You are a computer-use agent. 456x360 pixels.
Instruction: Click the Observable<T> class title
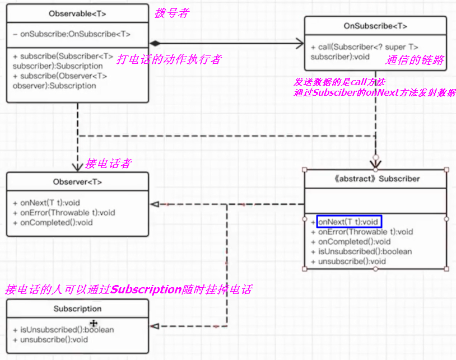pyautogui.click(x=77, y=13)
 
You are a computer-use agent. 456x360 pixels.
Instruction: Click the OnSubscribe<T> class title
pyautogui.click(x=375, y=26)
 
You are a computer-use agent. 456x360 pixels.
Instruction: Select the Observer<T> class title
pyautogui.click(x=77, y=181)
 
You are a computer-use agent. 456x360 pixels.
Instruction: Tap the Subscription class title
pyautogui.click(x=77, y=308)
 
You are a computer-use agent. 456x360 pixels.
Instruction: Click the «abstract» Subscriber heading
pyautogui.click(x=375, y=179)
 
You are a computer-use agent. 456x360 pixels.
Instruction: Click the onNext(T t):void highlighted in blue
pyautogui.click(x=348, y=222)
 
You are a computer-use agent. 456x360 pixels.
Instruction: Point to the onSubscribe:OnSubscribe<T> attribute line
pyautogui.click(x=72, y=34)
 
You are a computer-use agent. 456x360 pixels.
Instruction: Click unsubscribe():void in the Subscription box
pyautogui.click(x=50, y=339)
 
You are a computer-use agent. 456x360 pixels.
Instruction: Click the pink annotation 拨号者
pyautogui.click(x=171, y=13)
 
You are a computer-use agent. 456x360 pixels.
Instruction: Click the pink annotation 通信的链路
pyautogui.click(x=415, y=60)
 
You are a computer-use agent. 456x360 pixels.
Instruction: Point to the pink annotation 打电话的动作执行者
pyautogui.click(x=168, y=59)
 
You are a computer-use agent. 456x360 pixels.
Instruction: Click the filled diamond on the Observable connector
pyautogui.click(x=155, y=43)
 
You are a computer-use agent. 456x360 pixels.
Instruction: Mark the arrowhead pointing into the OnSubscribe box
pyautogui.click(x=300, y=43)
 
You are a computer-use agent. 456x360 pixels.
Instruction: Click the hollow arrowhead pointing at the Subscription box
pyautogui.click(x=155, y=325)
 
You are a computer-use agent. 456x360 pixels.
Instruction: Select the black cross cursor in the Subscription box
pyautogui.click(x=94, y=323)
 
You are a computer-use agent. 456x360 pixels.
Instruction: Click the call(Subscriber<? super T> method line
pyautogui.click(x=364, y=47)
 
